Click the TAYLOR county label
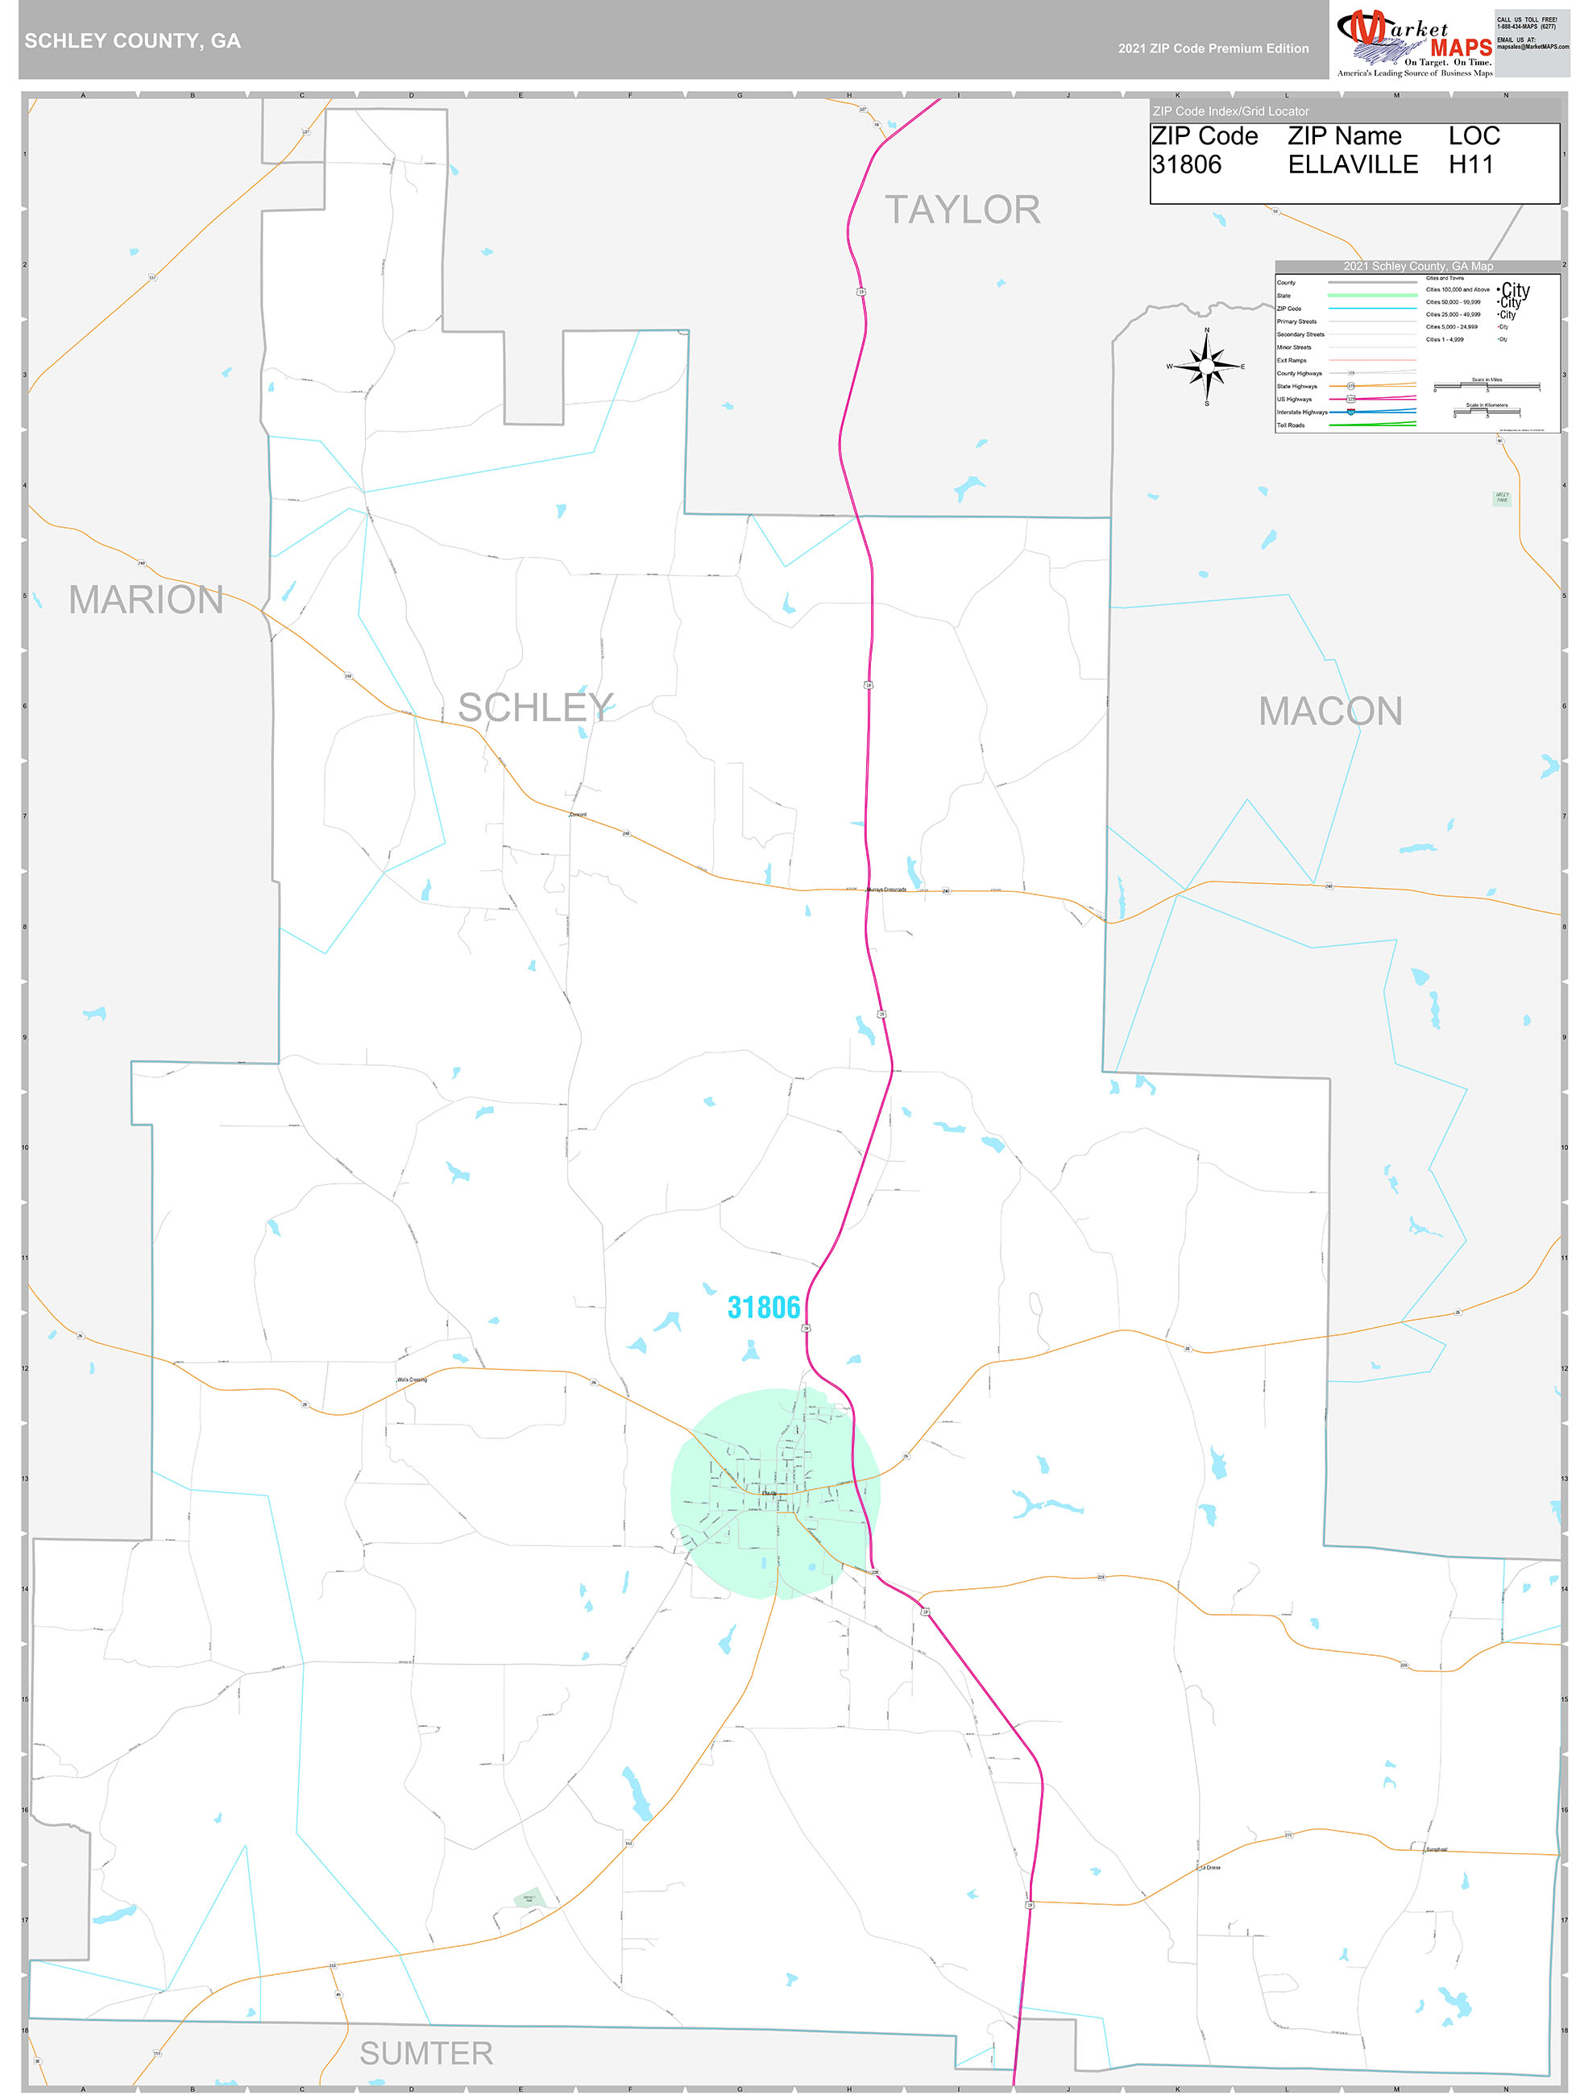[961, 210]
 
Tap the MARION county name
[146, 599]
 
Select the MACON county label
[1330, 711]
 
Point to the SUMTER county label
[426, 2052]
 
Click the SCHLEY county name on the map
[535, 707]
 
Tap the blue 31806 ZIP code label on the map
[764, 1308]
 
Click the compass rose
[1207, 366]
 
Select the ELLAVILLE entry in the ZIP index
[1352, 165]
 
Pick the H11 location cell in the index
[1470, 165]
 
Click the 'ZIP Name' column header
[1344, 136]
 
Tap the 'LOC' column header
[1474, 136]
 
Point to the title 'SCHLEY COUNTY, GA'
[133, 41]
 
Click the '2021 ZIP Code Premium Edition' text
[1213, 48]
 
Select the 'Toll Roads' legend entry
[1291, 425]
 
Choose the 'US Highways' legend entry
[1294, 400]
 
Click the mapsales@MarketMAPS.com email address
[1532, 47]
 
